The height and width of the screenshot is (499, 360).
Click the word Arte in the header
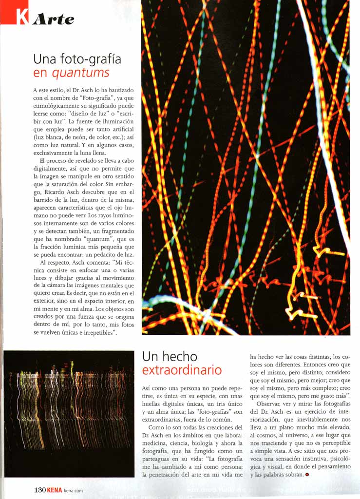click(x=53, y=19)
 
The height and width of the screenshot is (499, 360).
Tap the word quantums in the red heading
click(x=80, y=74)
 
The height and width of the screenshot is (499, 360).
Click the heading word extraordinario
click(x=182, y=370)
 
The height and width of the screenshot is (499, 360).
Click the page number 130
click(x=40, y=490)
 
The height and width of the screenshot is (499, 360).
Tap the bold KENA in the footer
click(x=55, y=490)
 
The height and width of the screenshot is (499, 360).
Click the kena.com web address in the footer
click(x=73, y=491)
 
